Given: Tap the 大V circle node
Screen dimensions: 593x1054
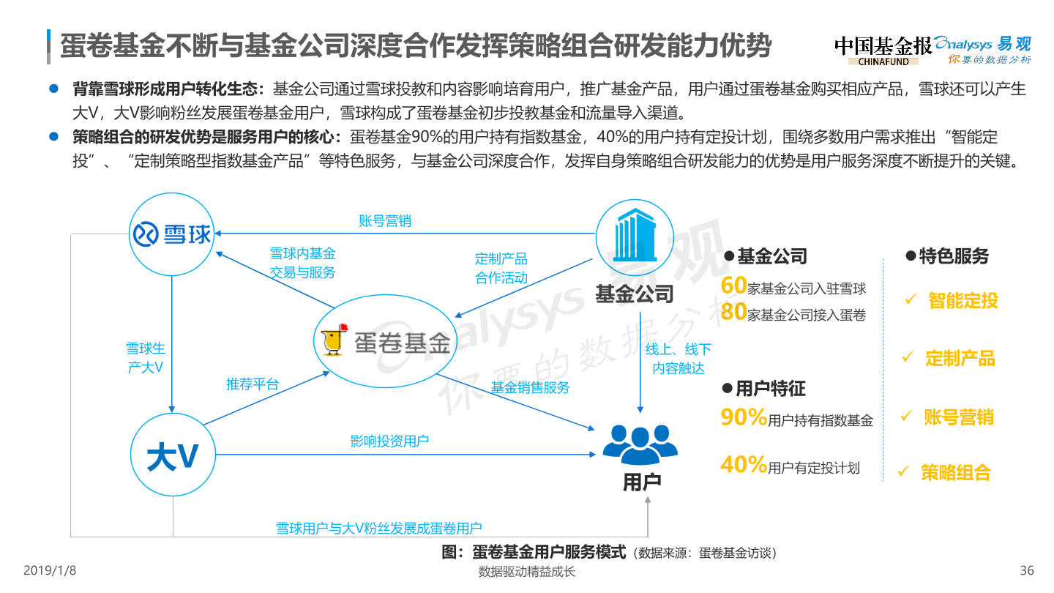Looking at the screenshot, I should click(x=173, y=455).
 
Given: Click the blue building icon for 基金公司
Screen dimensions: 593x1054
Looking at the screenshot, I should click(x=634, y=234).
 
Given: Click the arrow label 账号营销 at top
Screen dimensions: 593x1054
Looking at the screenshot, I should click(x=384, y=220).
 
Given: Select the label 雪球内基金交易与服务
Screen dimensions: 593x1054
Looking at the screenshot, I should click(x=302, y=263).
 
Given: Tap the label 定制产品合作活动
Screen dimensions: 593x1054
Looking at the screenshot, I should click(x=501, y=268).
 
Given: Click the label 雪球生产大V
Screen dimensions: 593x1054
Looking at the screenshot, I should click(x=145, y=358).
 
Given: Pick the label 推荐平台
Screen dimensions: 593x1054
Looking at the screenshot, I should click(x=252, y=384).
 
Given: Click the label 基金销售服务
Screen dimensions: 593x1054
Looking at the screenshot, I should click(x=530, y=387).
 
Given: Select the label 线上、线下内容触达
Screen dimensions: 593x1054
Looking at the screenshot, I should click(x=678, y=359).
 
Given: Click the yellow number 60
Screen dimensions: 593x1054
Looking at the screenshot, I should click(x=733, y=286).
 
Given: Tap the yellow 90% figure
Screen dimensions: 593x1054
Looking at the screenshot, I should click(x=744, y=417).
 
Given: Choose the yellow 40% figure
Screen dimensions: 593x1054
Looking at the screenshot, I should click(x=744, y=464).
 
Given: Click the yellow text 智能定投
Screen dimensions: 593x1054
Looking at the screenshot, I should click(x=963, y=300).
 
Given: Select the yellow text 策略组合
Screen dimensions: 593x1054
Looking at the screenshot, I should click(x=955, y=472).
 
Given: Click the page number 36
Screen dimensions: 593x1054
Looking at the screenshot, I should click(x=1027, y=570).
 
